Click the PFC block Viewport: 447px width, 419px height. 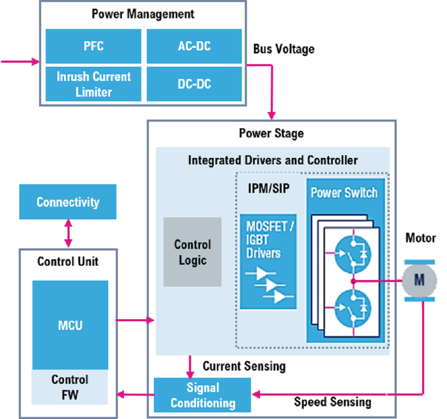[93, 46]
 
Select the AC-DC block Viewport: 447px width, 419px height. [194, 46]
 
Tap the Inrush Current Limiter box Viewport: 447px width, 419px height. [93, 84]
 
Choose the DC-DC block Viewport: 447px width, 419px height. [194, 84]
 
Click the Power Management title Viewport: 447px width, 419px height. [143, 14]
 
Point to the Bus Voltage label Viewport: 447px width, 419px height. [283, 49]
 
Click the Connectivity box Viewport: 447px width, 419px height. [68, 202]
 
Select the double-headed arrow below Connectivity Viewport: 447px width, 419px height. [68, 234]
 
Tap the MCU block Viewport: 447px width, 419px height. [70, 325]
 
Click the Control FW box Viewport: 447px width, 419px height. [70, 387]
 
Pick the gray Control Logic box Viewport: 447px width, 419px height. [193, 252]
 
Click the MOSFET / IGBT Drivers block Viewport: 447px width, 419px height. [268, 261]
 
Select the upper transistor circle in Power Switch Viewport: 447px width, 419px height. [353, 253]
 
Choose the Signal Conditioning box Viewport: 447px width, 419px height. [203, 395]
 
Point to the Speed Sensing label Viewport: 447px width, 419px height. [332, 402]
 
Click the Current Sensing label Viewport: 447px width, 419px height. [244, 366]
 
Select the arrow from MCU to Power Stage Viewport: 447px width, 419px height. [135, 320]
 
